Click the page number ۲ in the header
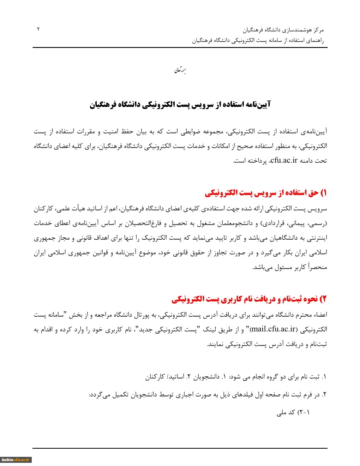point(38,29)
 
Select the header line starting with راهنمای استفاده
point(258,40)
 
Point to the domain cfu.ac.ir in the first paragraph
point(284,161)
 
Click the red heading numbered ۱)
point(266,193)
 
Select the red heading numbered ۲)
point(249,299)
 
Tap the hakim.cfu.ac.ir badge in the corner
point(16,460)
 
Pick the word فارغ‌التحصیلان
point(146,223)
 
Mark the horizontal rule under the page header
point(180,47)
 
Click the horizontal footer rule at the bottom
point(180,448)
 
